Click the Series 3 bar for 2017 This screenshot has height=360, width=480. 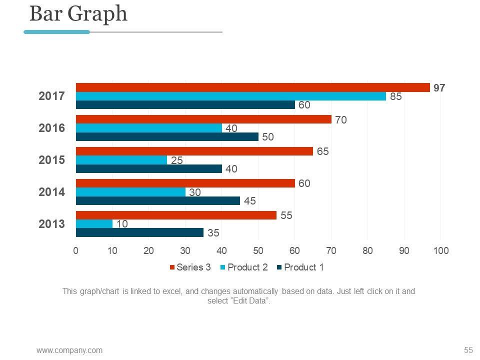[x=252, y=87]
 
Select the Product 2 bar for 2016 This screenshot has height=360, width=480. [x=148, y=128]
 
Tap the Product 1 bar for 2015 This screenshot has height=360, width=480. [x=148, y=169]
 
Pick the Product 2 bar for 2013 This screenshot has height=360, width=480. [x=94, y=224]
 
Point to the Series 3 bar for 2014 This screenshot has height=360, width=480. [x=185, y=183]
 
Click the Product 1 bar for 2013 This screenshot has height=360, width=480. [x=139, y=232]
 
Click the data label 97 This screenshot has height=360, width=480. [x=439, y=87]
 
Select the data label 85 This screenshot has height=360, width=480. [x=396, y=96]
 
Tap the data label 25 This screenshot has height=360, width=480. [x=177, y=160]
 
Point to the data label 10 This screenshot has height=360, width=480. [x=122, y=224]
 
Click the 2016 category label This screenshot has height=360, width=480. [x=52, y=128]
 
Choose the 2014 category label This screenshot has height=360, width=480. [x=52, y=192]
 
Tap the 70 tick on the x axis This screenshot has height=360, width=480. [x=331, y=250]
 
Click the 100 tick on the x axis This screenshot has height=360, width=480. [x=440, y=250]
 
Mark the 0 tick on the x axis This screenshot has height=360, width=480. [x=76, y=250]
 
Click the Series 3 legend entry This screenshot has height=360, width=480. [x=190, y=267]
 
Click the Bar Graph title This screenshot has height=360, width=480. [x=78, y=14]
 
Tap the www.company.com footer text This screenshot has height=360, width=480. [x=69, y=350]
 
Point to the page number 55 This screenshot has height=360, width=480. [x=468, y=349]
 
